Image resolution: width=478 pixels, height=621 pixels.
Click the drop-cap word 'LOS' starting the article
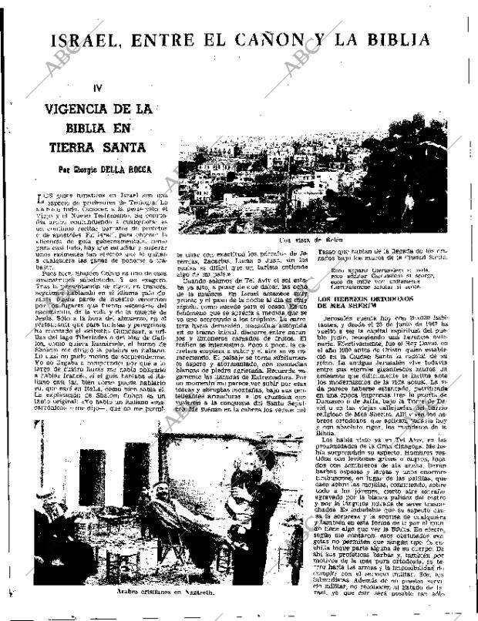click(x=47, y=198)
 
